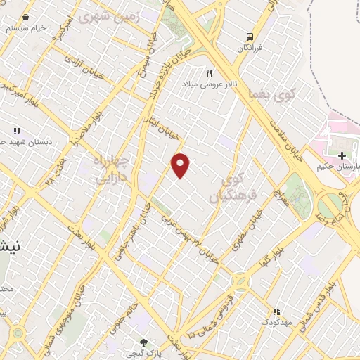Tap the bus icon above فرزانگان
[x=249, y=37]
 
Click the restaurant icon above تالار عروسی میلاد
[x=208, y=73]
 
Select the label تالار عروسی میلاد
[x=208, y=84]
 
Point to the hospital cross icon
[x=342, y=155]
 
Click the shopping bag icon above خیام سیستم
[x=25, y=18]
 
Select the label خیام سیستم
[x=25, y=29]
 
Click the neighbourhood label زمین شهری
[x=116, y=14]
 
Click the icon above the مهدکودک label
[x=276, y=311]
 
